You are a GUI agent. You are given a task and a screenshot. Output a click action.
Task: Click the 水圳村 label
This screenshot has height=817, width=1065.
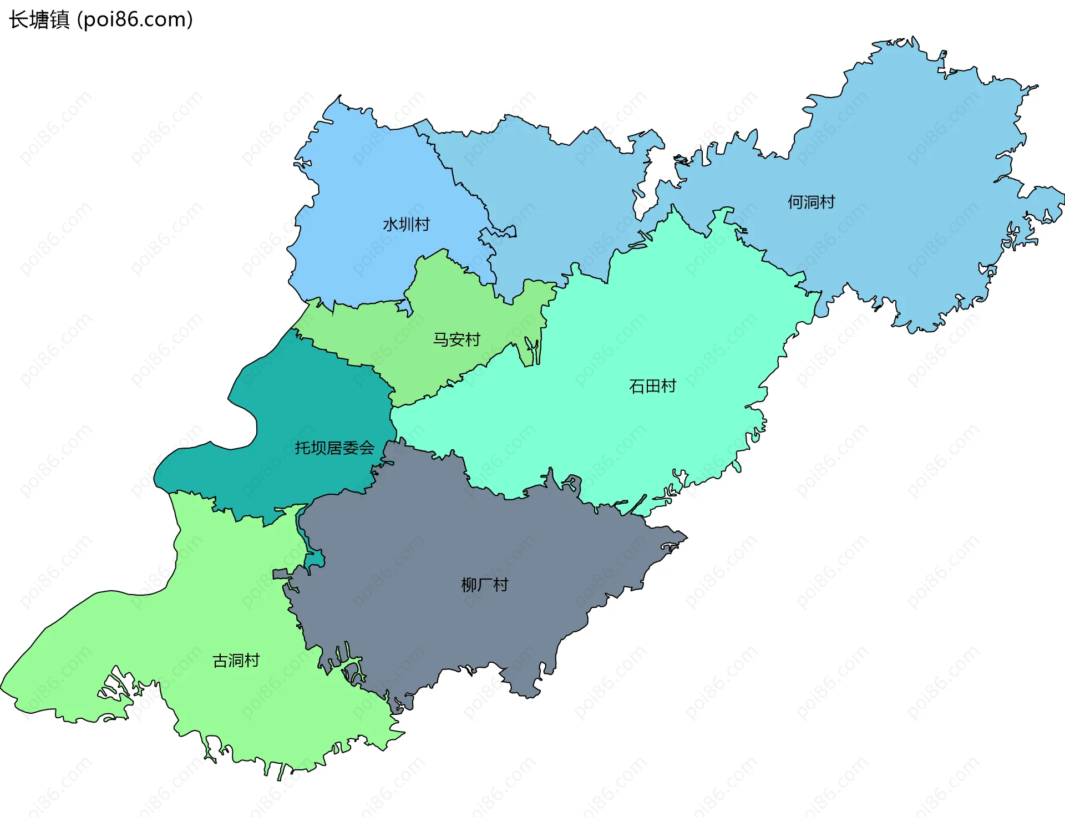(x=406, y=225)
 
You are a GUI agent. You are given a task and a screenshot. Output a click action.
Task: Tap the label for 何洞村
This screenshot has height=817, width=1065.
(x=811, y=202)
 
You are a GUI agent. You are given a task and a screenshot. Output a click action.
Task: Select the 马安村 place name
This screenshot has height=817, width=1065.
(x=456, y=339)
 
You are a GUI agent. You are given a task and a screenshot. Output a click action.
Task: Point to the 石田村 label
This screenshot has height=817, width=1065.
(x=652, y=386)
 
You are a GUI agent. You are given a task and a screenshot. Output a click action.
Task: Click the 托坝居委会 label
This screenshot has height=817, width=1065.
(x=334, y=448)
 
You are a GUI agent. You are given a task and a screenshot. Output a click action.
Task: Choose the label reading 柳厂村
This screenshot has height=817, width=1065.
(x=484, y=585)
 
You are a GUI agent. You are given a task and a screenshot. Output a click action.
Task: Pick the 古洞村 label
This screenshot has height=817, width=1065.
(x=236, y=661)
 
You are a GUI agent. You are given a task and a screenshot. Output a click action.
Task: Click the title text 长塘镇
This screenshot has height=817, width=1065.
(x=39, y=20)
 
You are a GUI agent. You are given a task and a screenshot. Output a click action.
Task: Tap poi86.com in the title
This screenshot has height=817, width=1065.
(x=135, y=20)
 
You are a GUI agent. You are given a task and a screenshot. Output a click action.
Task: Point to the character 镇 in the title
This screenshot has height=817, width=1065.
(x=59, y=20)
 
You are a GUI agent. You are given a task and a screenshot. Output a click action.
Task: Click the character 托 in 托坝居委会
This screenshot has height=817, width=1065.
(x=302, y=448)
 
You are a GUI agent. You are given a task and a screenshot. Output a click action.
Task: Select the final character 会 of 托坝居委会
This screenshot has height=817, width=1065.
(x=366, y=448)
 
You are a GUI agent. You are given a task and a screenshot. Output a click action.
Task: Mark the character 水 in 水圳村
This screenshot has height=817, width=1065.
(x=390, y=225)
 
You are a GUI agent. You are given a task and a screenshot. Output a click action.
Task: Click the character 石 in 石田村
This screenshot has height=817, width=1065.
(x=637, y=386)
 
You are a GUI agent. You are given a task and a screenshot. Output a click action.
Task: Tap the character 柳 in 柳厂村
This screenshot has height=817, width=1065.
(x=469, y=585)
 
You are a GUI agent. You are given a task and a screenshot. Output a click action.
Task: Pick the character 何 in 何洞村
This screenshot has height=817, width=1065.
(x=795, y=202)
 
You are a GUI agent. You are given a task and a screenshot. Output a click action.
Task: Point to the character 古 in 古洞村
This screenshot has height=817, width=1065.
(x=220, y=661)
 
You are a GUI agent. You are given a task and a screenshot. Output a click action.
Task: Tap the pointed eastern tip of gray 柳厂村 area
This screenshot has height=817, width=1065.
(x=686, y=537)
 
